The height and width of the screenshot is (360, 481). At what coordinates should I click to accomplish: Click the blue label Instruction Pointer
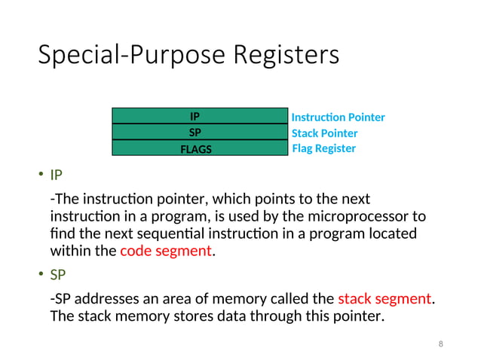point(338,117)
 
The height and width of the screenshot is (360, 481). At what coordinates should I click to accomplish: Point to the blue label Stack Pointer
point(324,133)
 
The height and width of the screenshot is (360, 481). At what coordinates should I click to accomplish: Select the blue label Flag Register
point(323,148)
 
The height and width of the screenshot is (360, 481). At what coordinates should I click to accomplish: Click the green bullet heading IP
point(56,175)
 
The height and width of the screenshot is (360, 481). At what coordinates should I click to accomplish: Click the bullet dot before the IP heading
point(41,176)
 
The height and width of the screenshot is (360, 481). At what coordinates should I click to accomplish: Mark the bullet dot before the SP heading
point(41,275)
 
